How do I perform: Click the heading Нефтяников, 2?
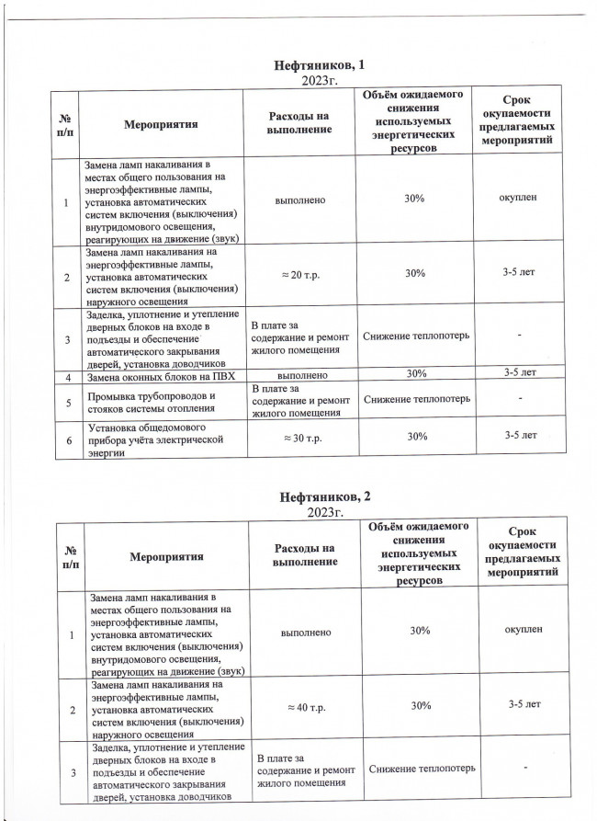(x=321, y=496)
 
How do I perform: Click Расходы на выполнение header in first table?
(x=298, y=123)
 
